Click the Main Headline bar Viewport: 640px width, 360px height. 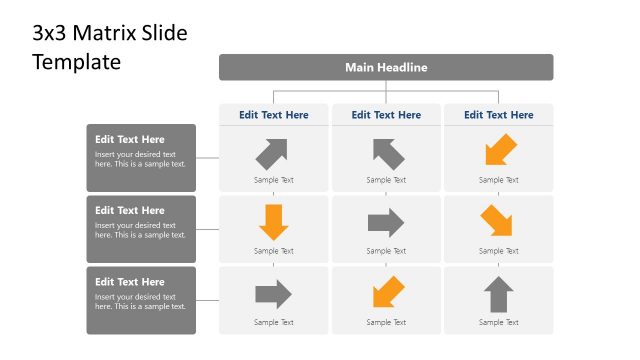[386, 68]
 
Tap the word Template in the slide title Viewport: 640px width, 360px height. [76, 61]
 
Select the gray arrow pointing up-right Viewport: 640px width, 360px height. [272, 152]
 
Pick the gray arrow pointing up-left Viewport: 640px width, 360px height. [387, 152]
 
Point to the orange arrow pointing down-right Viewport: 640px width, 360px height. [497, 221]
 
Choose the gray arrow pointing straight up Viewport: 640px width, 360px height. [498, 294]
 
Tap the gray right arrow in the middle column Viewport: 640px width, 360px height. [386, 222]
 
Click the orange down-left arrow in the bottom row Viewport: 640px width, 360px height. [387, 293]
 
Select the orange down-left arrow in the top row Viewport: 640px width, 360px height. [499, 151]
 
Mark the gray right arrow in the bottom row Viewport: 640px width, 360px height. [273, 294]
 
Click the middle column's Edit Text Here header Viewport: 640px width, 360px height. [386, 115]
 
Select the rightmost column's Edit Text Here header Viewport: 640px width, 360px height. [498, 115]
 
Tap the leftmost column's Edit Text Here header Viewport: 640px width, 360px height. [274, 115]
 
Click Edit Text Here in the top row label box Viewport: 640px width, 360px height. [130, 140]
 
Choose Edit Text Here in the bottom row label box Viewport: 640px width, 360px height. [130, 282]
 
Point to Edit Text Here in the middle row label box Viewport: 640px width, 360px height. [130, 211]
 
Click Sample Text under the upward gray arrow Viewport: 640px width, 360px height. [498, 322]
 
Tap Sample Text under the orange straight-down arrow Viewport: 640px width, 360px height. [274, 251]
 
